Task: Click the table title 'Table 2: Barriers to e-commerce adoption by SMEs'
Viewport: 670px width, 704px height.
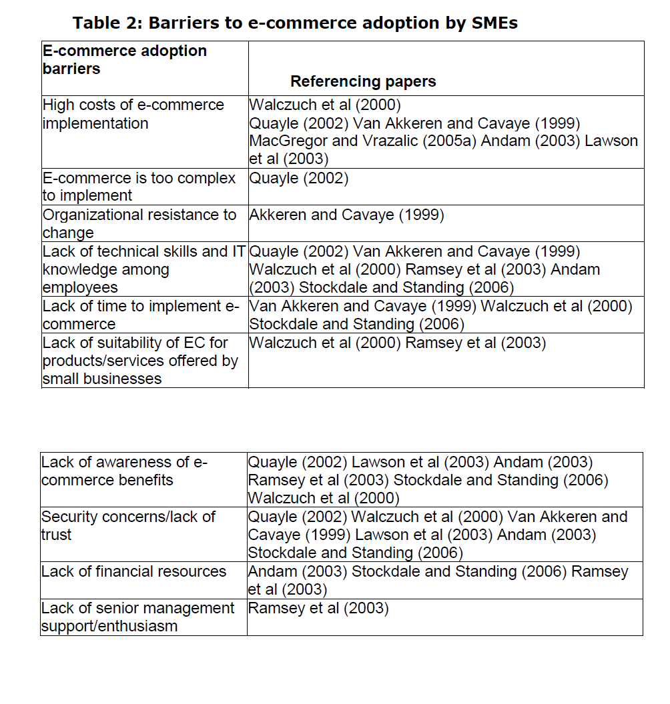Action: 295,23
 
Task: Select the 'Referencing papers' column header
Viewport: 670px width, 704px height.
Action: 363,81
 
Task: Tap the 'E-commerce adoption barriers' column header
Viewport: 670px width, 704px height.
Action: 124,59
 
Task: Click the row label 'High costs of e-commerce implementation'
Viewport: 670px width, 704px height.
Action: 133,114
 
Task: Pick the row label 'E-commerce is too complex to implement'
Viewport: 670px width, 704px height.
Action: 139,187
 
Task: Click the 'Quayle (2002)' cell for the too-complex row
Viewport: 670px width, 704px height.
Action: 298,179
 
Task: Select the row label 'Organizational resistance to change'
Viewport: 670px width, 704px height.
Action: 139,223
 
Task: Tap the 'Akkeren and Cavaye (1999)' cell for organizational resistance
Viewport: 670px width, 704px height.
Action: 346,215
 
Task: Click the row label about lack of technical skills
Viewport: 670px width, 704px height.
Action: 143,269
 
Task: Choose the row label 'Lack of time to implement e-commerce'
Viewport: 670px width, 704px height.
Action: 140,315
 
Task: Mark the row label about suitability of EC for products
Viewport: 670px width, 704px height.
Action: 139,361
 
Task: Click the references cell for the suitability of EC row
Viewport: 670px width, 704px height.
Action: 397,343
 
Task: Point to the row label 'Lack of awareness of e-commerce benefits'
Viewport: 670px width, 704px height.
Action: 124,471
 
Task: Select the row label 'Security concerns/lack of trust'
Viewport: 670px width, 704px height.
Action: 128,525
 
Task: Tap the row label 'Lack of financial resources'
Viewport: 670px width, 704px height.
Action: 133,571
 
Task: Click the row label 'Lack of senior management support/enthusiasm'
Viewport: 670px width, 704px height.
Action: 137,617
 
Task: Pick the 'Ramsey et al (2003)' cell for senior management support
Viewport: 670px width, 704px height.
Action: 318,608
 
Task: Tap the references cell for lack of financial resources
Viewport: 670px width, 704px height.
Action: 438,580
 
